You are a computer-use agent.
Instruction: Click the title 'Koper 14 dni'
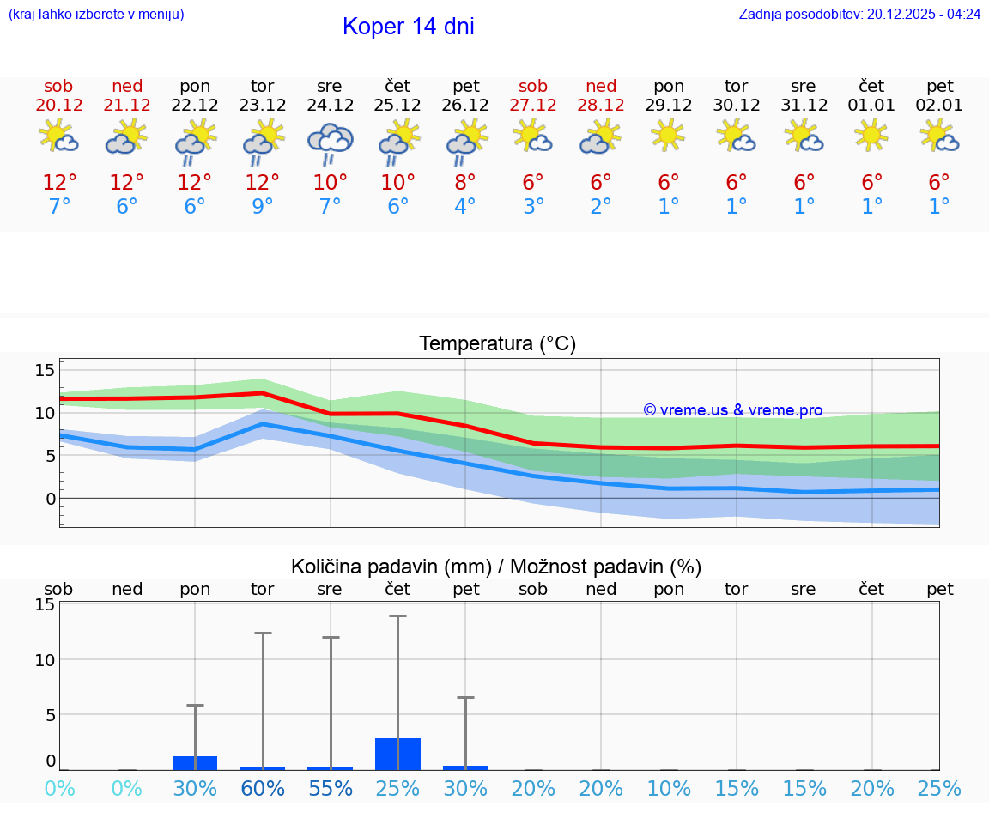click(x=408, y=27)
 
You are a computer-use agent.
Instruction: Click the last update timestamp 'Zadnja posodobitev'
click(x=859, y=15)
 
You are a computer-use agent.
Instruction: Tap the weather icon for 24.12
click(x=331, y=143)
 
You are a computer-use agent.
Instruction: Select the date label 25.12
click(x=397, y=106)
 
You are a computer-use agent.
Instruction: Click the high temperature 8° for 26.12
click(x=465, y=183)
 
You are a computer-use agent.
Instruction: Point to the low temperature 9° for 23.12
click(x=263, y=207)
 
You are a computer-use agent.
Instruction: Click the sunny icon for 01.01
click(x=871, y=135)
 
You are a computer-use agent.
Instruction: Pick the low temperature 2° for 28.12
click(x=601, y=207)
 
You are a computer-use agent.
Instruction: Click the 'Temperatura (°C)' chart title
click(x=497, y=344)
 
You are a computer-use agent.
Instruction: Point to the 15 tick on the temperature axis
click(x=45, y=370)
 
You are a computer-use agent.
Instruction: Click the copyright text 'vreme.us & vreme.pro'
click(x=733, y=410)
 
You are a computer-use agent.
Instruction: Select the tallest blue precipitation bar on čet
click(x=397, y=754)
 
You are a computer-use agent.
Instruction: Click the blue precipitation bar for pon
click(x=195, y=762)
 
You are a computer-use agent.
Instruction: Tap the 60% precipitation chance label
click(x=263, y=788)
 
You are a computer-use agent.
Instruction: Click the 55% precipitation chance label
click(x=331, y=788)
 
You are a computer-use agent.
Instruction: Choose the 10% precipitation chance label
click(x=669, y=788)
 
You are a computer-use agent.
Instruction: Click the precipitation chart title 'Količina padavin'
click(x=391, y=567)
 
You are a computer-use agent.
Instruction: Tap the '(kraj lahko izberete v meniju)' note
click(x=96, y=15)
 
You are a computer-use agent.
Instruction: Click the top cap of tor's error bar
click(x=263, y=633)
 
